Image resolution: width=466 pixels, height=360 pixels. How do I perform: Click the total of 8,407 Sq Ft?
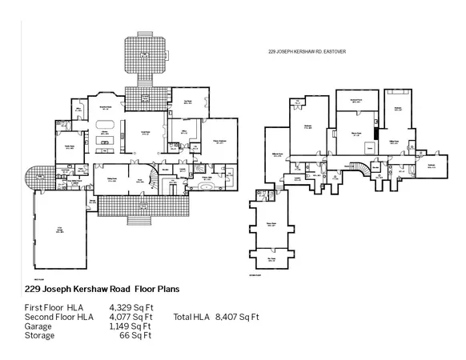(x=238, y=317)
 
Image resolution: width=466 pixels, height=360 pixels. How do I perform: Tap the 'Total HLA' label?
(x=192, y=317)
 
